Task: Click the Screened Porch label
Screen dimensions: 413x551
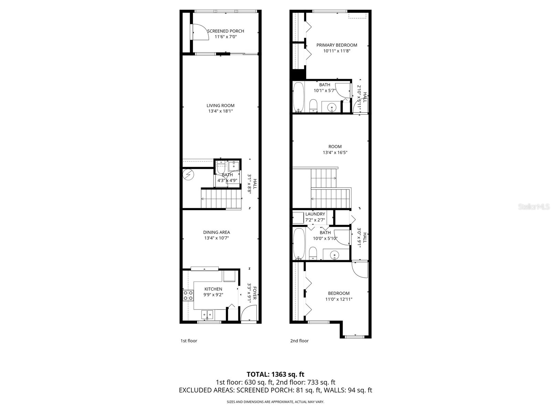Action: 226,31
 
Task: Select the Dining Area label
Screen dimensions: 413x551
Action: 216,232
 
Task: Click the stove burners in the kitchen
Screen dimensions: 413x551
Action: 188,295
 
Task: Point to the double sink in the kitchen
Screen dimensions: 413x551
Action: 207,314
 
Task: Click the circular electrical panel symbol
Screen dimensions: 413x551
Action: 188,175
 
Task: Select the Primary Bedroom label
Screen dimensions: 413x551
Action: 336,45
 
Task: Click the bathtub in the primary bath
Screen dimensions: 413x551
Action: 298,97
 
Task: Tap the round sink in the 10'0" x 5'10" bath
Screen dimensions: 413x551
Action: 334,255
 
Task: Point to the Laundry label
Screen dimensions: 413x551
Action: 315,214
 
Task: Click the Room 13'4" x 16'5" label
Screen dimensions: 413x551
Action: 335,147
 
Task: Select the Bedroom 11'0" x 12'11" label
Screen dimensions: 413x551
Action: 339,293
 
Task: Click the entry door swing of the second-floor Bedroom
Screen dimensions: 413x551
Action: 360,269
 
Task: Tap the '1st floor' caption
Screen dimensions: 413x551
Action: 189,341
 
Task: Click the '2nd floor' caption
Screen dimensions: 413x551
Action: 299,341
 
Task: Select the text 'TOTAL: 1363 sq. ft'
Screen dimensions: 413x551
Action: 275,374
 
